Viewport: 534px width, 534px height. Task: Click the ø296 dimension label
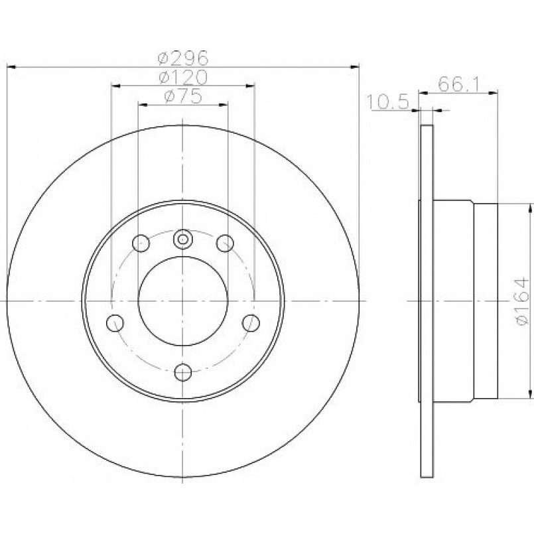183,58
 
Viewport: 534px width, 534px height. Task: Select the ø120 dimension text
183,78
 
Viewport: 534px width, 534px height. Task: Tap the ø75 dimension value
183,96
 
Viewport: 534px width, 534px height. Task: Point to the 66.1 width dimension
458,84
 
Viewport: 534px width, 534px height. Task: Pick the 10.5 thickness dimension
387,102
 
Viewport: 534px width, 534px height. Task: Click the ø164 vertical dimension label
522,301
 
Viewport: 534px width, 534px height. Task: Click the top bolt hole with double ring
183,239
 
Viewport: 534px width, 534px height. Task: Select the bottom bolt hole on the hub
183,372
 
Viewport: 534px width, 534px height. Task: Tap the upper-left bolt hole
141,243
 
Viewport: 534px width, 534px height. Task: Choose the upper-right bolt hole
225,243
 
